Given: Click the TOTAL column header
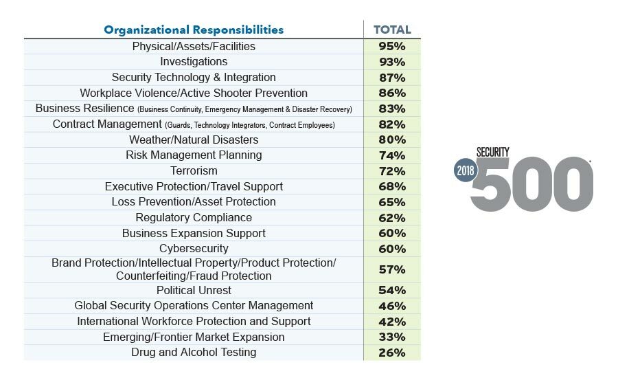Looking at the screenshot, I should point(392,30).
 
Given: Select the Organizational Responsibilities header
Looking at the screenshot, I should point(194,30).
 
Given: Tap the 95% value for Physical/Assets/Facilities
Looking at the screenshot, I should point(392,47).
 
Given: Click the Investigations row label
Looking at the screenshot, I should point(194,62).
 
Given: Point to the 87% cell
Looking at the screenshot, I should point(392,78).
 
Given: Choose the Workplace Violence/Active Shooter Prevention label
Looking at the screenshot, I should point(194,93).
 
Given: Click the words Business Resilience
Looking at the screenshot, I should point(84,109).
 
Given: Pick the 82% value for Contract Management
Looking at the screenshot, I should point(392,124).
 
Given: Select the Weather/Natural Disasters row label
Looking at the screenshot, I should point(194,140).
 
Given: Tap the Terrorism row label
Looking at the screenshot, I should point(194,170).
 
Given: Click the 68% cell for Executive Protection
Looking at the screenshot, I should point(392,186).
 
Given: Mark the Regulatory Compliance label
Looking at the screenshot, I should point(194,217).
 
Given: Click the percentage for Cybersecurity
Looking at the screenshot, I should point(392,249).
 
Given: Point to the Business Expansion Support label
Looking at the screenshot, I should point(194,233).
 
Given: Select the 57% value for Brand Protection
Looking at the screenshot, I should point(392,269).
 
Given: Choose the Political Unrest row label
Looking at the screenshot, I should point(194,290).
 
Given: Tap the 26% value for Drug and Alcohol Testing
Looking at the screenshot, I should point(392,353).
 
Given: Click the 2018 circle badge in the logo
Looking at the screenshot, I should point(466,173).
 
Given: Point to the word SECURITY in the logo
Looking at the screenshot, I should point(493,153).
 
